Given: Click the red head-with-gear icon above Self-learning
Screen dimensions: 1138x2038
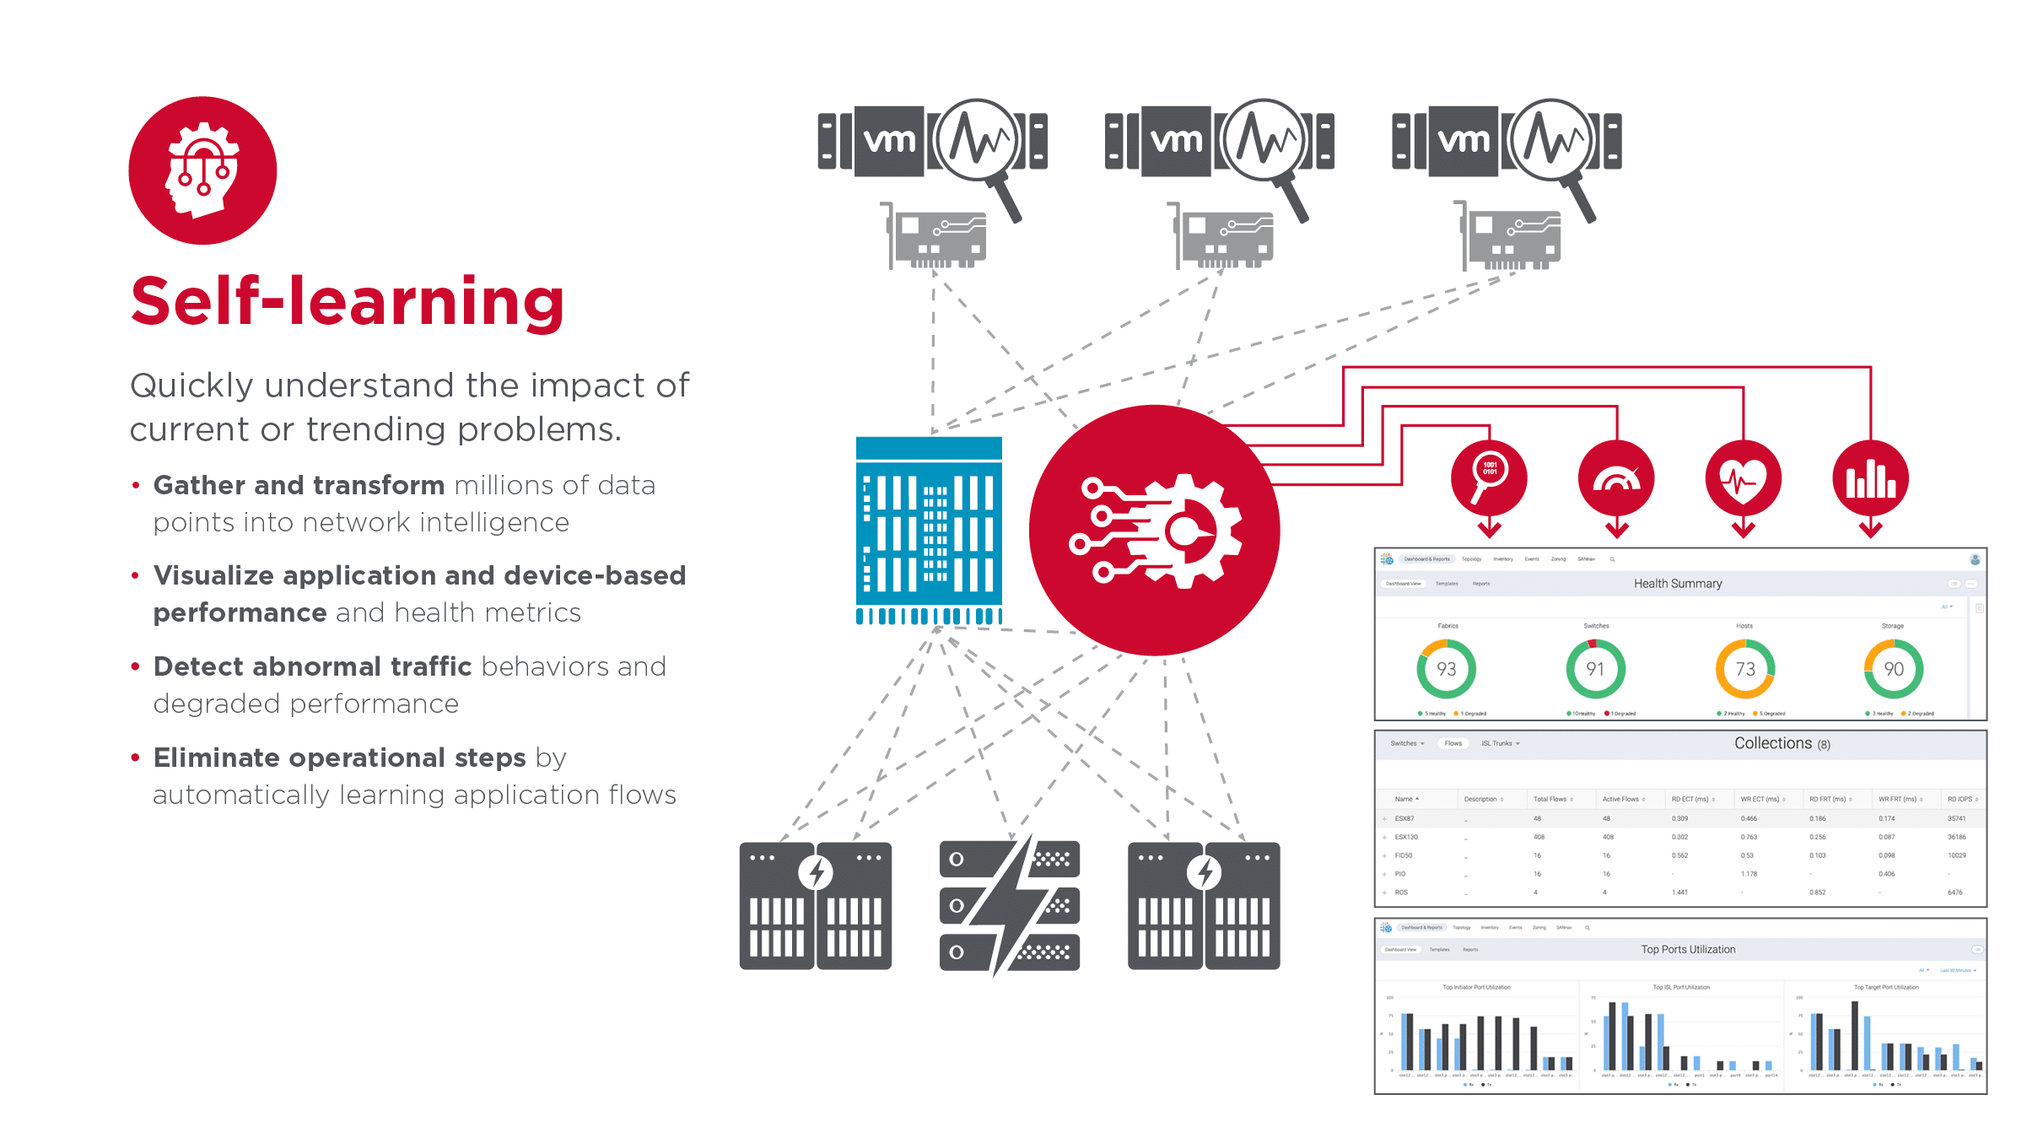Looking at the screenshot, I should pos(202,170).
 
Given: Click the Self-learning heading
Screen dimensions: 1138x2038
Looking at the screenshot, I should pos(348,301).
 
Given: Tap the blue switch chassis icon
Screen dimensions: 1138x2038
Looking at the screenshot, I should pos(929,530).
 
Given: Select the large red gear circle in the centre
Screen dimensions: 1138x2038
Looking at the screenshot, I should pos(1154,530).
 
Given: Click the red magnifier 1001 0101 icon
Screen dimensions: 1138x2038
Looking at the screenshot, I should pos(1489,477).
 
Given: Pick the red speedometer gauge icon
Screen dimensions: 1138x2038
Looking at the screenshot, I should pos(1616,477).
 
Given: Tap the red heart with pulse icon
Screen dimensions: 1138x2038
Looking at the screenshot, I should pos(1743,477).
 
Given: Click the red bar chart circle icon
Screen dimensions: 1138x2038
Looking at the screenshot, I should pos(1870,477).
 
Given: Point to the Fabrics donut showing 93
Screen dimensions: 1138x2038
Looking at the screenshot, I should pos(1447,669).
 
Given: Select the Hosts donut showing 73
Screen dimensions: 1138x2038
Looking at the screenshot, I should pos(1744,669).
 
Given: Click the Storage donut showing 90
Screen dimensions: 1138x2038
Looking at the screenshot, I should pos(1894,669).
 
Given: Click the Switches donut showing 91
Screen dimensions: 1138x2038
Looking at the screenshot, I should pos(1595,669).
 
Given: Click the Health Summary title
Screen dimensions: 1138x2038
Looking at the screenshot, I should pos(1678,584).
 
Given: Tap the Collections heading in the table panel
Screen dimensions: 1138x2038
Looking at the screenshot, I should pos(1773,743).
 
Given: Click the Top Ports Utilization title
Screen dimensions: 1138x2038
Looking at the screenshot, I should pos(1688,950).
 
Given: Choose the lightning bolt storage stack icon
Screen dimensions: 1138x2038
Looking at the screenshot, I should pos(1010,905).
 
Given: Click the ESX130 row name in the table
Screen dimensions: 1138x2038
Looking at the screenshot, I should pos(1406,837).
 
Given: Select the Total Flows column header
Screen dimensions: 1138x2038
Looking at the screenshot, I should pos(1550,799).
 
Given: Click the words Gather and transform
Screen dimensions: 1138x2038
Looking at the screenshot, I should pos(299,485).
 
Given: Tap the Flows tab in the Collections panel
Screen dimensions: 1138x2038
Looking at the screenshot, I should pos(1453,743).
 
